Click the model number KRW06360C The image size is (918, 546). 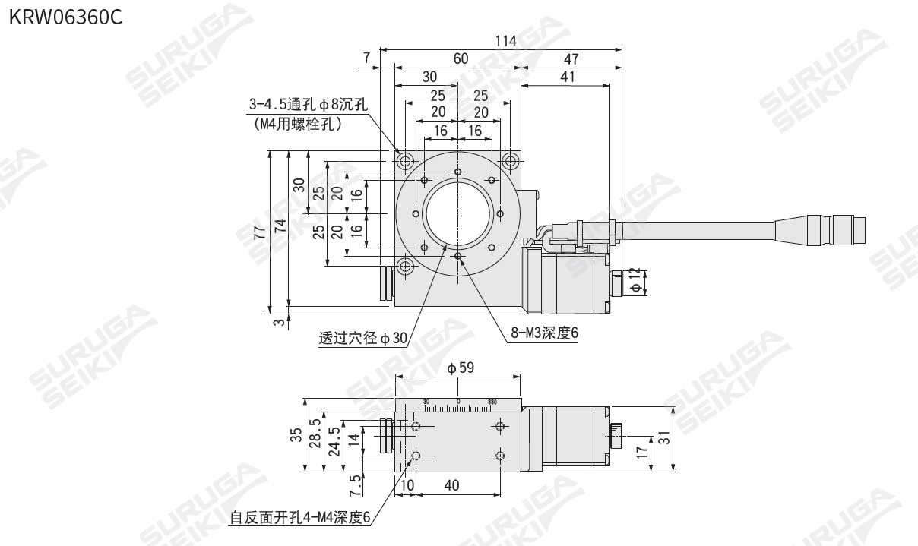pos(65,16)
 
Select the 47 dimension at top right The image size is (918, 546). pos(571,59)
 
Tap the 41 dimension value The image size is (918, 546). pos(566,77)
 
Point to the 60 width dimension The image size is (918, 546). pos(461,59)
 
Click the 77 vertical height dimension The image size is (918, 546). pos(261,232)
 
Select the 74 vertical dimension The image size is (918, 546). pos(280,226)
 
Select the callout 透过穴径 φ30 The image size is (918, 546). pos(362,339)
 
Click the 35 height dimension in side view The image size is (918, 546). pos(296,435)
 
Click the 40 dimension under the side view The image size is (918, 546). pos(451,485)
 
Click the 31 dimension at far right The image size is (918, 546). pos(666,438)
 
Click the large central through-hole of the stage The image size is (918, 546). pos(458,214)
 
